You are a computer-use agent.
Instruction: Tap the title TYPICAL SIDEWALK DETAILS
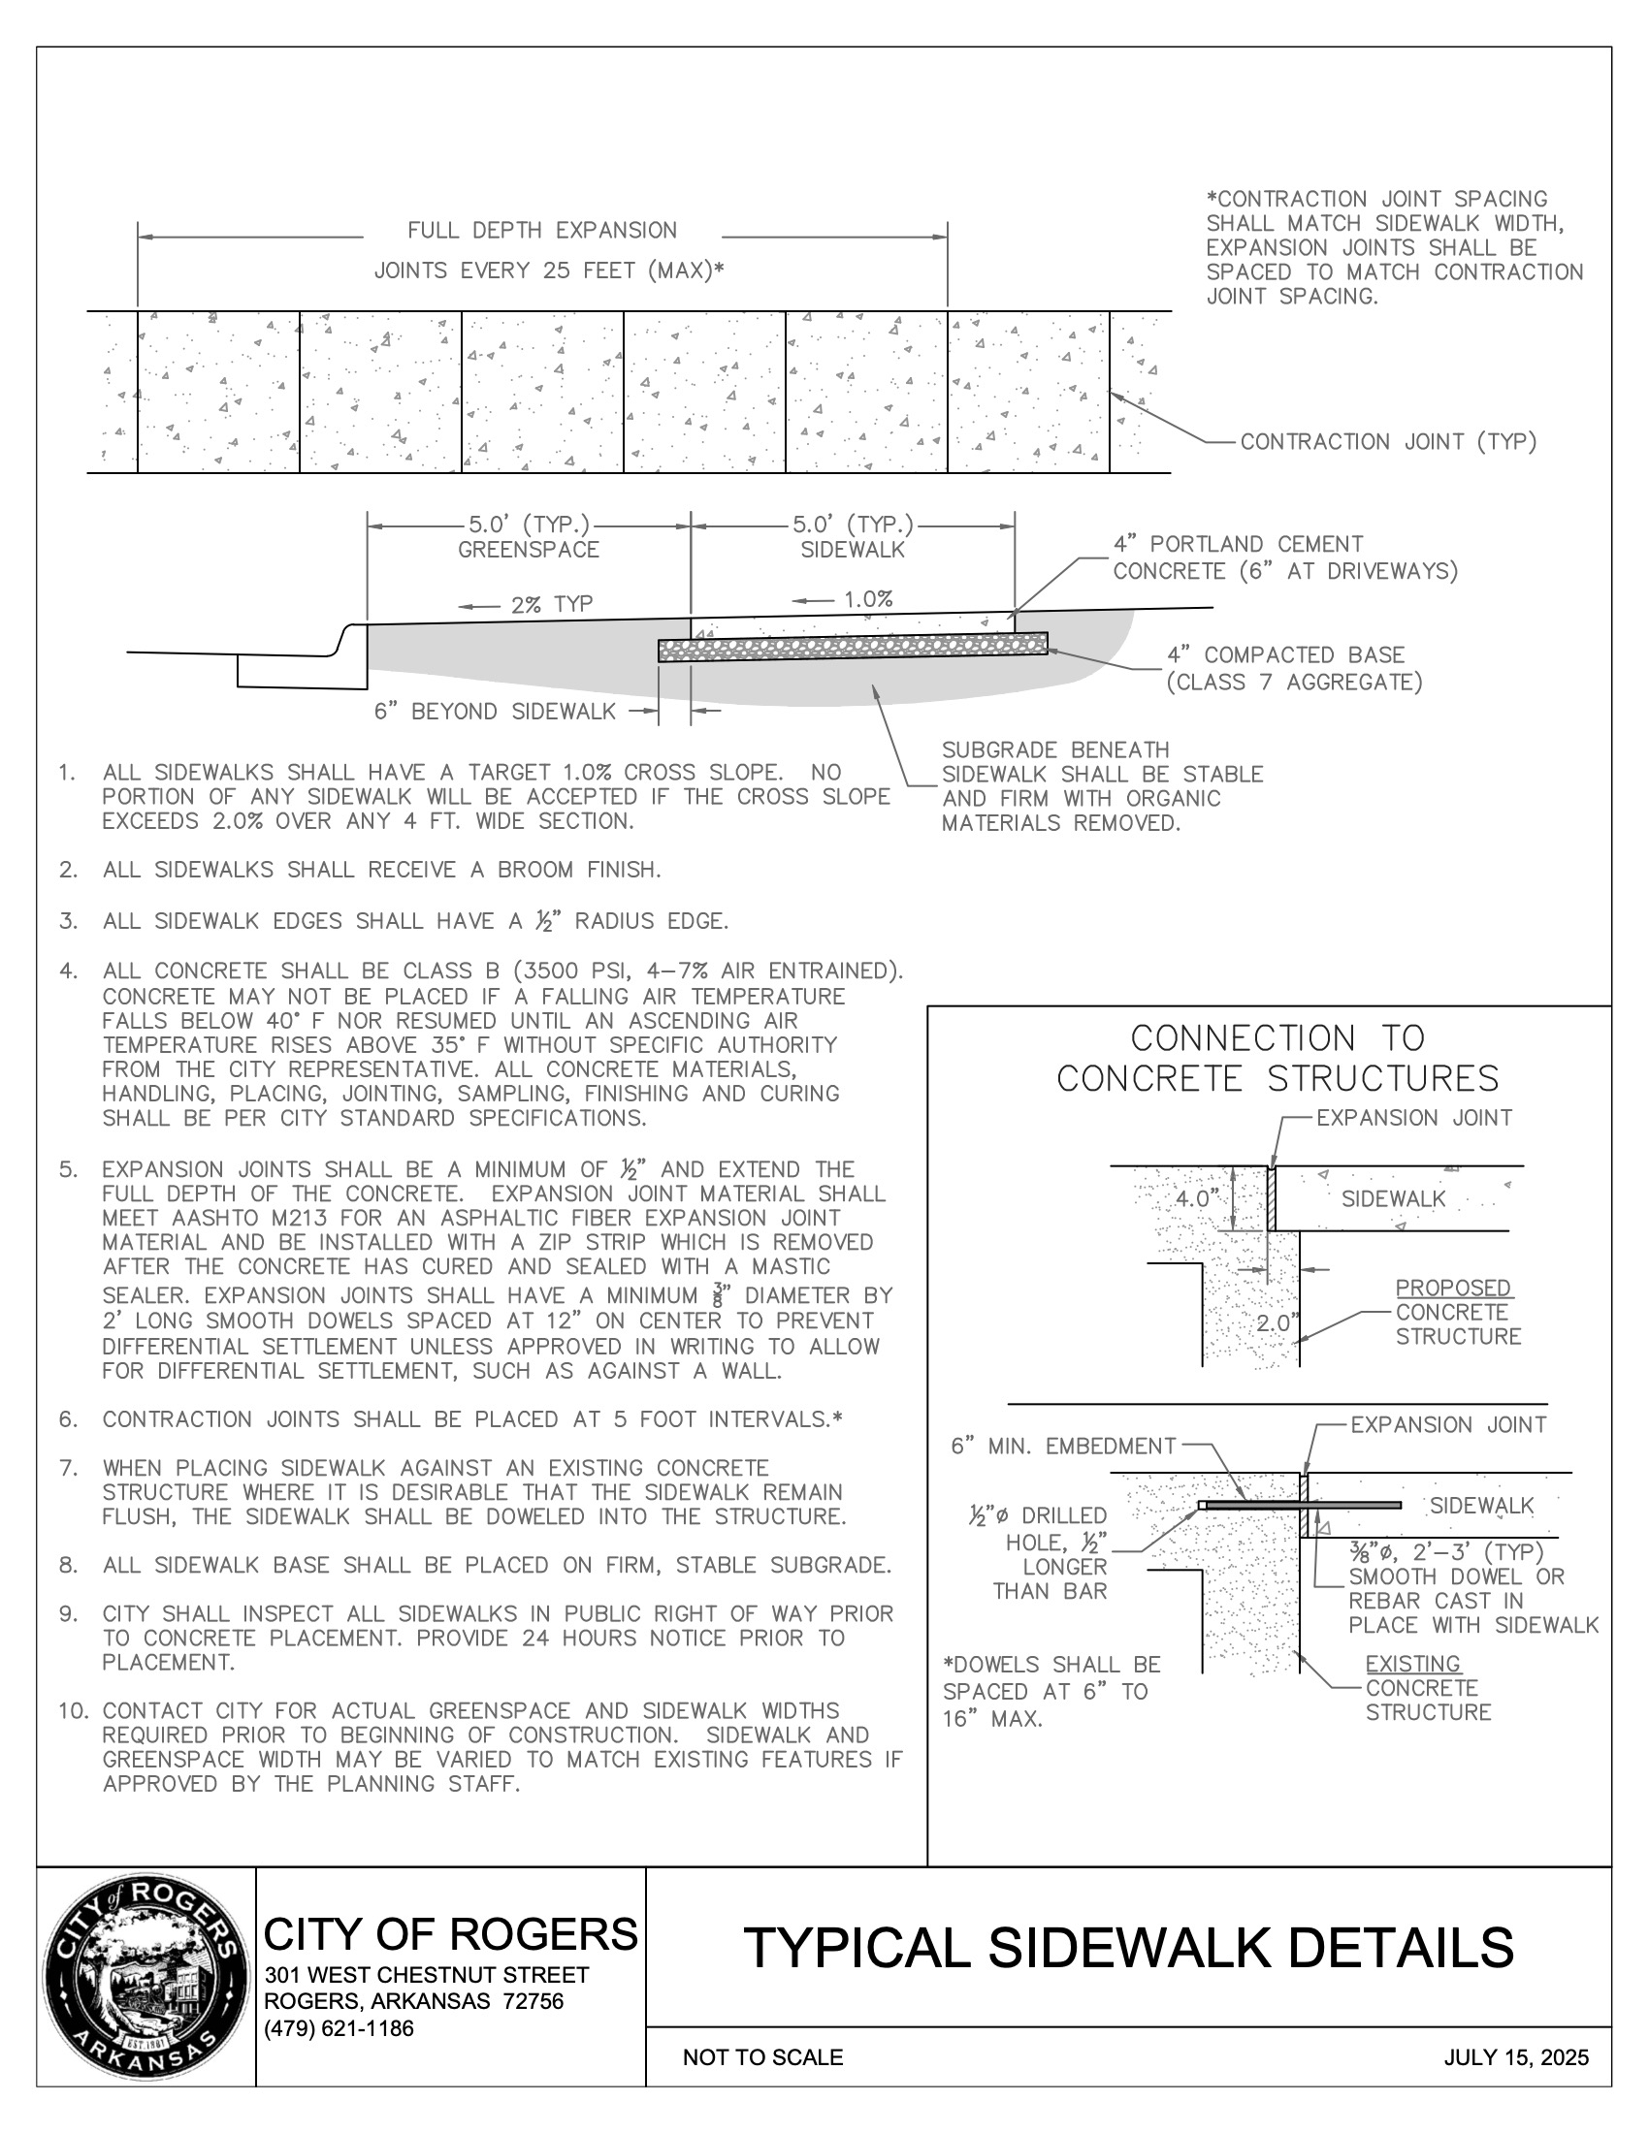tap(1128, 1948)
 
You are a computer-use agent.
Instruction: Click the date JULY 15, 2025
tap(1516, 2057)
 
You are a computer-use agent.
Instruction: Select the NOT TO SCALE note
tap(762, 2057)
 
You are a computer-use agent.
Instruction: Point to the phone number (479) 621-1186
tap(339, 2028)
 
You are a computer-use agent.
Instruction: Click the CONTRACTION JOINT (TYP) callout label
tap(1388, 442)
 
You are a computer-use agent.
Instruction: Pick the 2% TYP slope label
tap(551, 605)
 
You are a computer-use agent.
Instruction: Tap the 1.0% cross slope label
tap(868, 599)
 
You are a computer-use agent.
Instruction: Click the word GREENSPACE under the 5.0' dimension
tap(529, 550)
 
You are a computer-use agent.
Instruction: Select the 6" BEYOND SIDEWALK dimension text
tap(495, 712)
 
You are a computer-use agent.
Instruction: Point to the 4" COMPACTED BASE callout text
tap(1285, 655)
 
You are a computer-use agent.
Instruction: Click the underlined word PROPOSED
tap(1454, 1289)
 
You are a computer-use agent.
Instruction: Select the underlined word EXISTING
tap(1412, 1663)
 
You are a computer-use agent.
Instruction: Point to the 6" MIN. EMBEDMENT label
tap(1063, 1447)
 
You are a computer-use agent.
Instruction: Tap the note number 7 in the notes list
tap(67, 1468)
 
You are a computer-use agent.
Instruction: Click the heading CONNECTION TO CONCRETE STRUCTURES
tap(1277, 1059)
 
